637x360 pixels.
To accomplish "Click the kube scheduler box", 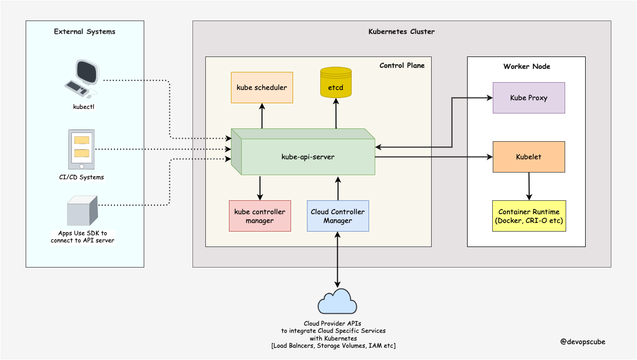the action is [262, 87].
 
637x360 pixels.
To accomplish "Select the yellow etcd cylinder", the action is [336, 83].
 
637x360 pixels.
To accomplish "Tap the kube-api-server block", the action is [303, 151].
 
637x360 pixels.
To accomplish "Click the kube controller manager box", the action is [260, 216].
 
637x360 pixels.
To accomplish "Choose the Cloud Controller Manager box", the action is [338, 216].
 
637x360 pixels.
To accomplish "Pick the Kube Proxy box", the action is [529, 98].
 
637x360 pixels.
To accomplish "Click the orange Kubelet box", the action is [529, 157].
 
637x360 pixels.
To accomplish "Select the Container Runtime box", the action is [529, 216].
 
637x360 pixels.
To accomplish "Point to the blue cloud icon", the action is [337, 301].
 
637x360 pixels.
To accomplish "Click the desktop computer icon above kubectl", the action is [82, 79].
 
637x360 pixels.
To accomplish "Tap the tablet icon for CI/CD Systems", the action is [81, 149].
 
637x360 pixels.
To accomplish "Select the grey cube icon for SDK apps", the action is [83, 211].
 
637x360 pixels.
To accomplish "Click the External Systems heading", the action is [85, 32].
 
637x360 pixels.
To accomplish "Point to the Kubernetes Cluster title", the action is [401, 32].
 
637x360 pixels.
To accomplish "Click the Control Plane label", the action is [402, 65].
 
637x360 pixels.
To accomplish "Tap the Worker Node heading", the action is [527, 66].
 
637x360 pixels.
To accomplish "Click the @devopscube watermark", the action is [583, 342].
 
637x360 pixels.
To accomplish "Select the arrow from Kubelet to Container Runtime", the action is [529, 186].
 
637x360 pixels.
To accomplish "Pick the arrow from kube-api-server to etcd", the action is [336, 113].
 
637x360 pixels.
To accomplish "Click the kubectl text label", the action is [84, 107].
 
